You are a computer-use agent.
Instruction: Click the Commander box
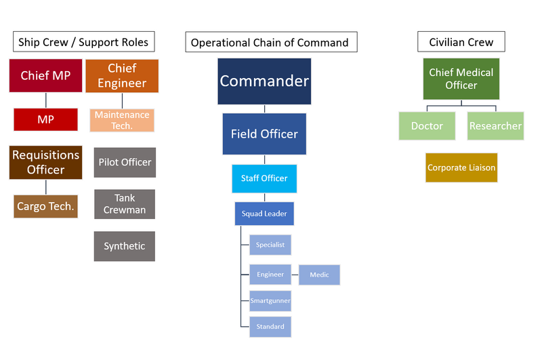264,81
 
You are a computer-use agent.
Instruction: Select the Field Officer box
264,134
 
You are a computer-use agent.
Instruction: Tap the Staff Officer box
264,178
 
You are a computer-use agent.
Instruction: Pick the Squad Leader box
264,214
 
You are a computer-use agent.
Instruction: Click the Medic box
319,275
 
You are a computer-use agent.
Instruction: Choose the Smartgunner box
270,301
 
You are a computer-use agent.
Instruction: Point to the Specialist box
270,245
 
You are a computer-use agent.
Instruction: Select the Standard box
270,327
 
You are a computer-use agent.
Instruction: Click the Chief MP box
45,75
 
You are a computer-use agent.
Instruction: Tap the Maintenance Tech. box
122,121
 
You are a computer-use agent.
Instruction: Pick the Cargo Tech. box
45,207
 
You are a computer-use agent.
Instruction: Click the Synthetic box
125,246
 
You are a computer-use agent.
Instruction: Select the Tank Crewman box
125,204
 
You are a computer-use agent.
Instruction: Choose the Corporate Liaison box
461,167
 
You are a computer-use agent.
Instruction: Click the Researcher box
495,126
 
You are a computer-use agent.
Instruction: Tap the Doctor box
427,126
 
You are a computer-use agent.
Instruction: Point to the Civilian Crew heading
461,42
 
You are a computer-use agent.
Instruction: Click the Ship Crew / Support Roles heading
83,42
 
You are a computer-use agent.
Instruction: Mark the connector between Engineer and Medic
295,275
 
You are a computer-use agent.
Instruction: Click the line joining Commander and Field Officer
264,109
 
